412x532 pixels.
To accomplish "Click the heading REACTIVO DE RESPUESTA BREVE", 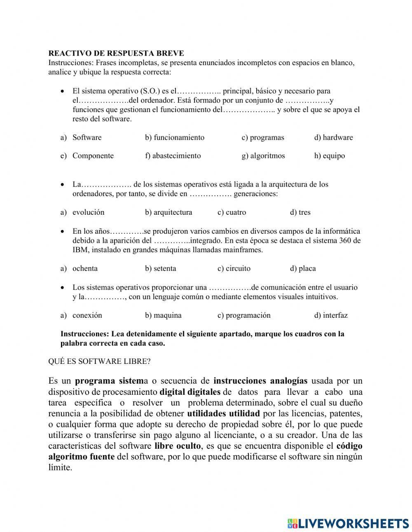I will pyautogui.click(x=116, y=54).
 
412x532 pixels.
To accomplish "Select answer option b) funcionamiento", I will pyautogui.click(x=174, y=138).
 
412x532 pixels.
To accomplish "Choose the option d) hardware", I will pyautogui.click(x=333, y=138).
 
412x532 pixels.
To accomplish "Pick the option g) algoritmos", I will pyautogui.click(x=263, y=156).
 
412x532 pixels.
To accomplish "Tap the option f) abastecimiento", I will pyautogui.click(x=173, y=156).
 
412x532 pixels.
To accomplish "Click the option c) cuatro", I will pyautogui.click(x=232, y=213).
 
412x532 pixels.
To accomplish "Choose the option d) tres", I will pyautogui.click(x=300, y=213).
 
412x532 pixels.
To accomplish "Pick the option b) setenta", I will pyautogui.click(x=160, y=269).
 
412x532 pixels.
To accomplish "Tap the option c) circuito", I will pyautogui.click(x=234, y=269).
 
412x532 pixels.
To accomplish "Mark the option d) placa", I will pyautogui.click(x=303, y=269).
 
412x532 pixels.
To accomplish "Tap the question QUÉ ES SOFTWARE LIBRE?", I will pyautogui.click(x=99, y=361).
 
